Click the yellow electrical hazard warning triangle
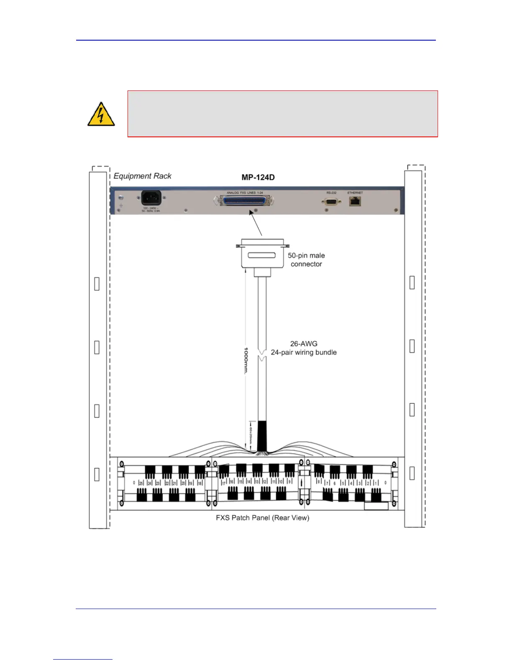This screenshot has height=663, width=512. click(x=101, y=115)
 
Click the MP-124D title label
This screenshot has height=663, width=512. click(x=258, y=177)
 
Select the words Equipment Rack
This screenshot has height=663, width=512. click(x=142, y=176)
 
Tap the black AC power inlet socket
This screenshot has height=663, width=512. click(x=151, y=198)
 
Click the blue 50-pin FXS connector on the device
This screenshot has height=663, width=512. click(x=244, y=201)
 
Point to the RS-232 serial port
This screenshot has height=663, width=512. click(x=331, y=201)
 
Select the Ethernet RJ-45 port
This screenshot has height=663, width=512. click(x=355, y=201)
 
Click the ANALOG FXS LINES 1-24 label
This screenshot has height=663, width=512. click(x=245, y=193)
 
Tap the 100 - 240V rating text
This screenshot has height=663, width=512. click(x=151, y=208)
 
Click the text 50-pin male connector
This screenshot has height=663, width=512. click(x=306, y=260)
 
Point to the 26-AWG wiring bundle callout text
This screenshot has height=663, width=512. click(x=304, y=348)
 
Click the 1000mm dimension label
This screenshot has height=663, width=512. click(x=246, y=360)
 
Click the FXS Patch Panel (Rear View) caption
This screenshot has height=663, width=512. click(x=262, y=518)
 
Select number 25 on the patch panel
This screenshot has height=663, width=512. click(x=141, y=483)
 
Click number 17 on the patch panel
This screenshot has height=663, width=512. click(x=223, y=483)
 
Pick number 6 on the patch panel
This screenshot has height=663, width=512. click(x=334, y=483)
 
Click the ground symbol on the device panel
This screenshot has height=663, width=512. click(x=121, y=205)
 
